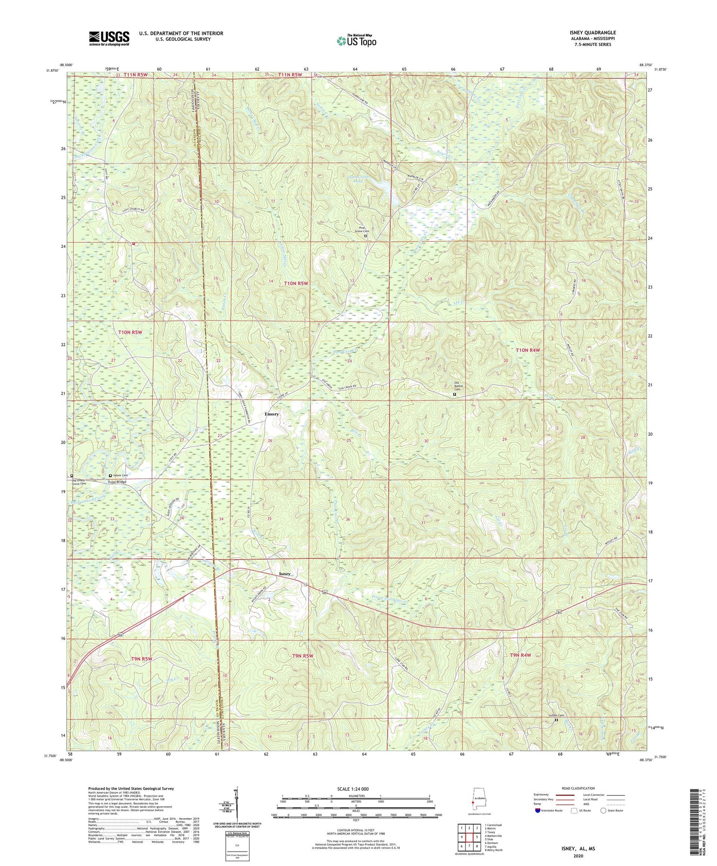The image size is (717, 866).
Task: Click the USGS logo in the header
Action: pyautogui.click(x=109, y=38)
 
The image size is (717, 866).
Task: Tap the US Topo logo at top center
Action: pyautogui.click(x=356, y=41)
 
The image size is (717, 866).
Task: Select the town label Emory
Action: pyautogui.click(x=272, y=414)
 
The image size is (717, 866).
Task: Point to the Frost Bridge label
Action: pyautogui.click(x=117, y=482)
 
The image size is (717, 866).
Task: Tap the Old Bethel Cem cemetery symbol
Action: pyautogui.click(x=455, y=395)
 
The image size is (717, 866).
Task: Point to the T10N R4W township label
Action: pyautogui.click(x=528, y=350)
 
